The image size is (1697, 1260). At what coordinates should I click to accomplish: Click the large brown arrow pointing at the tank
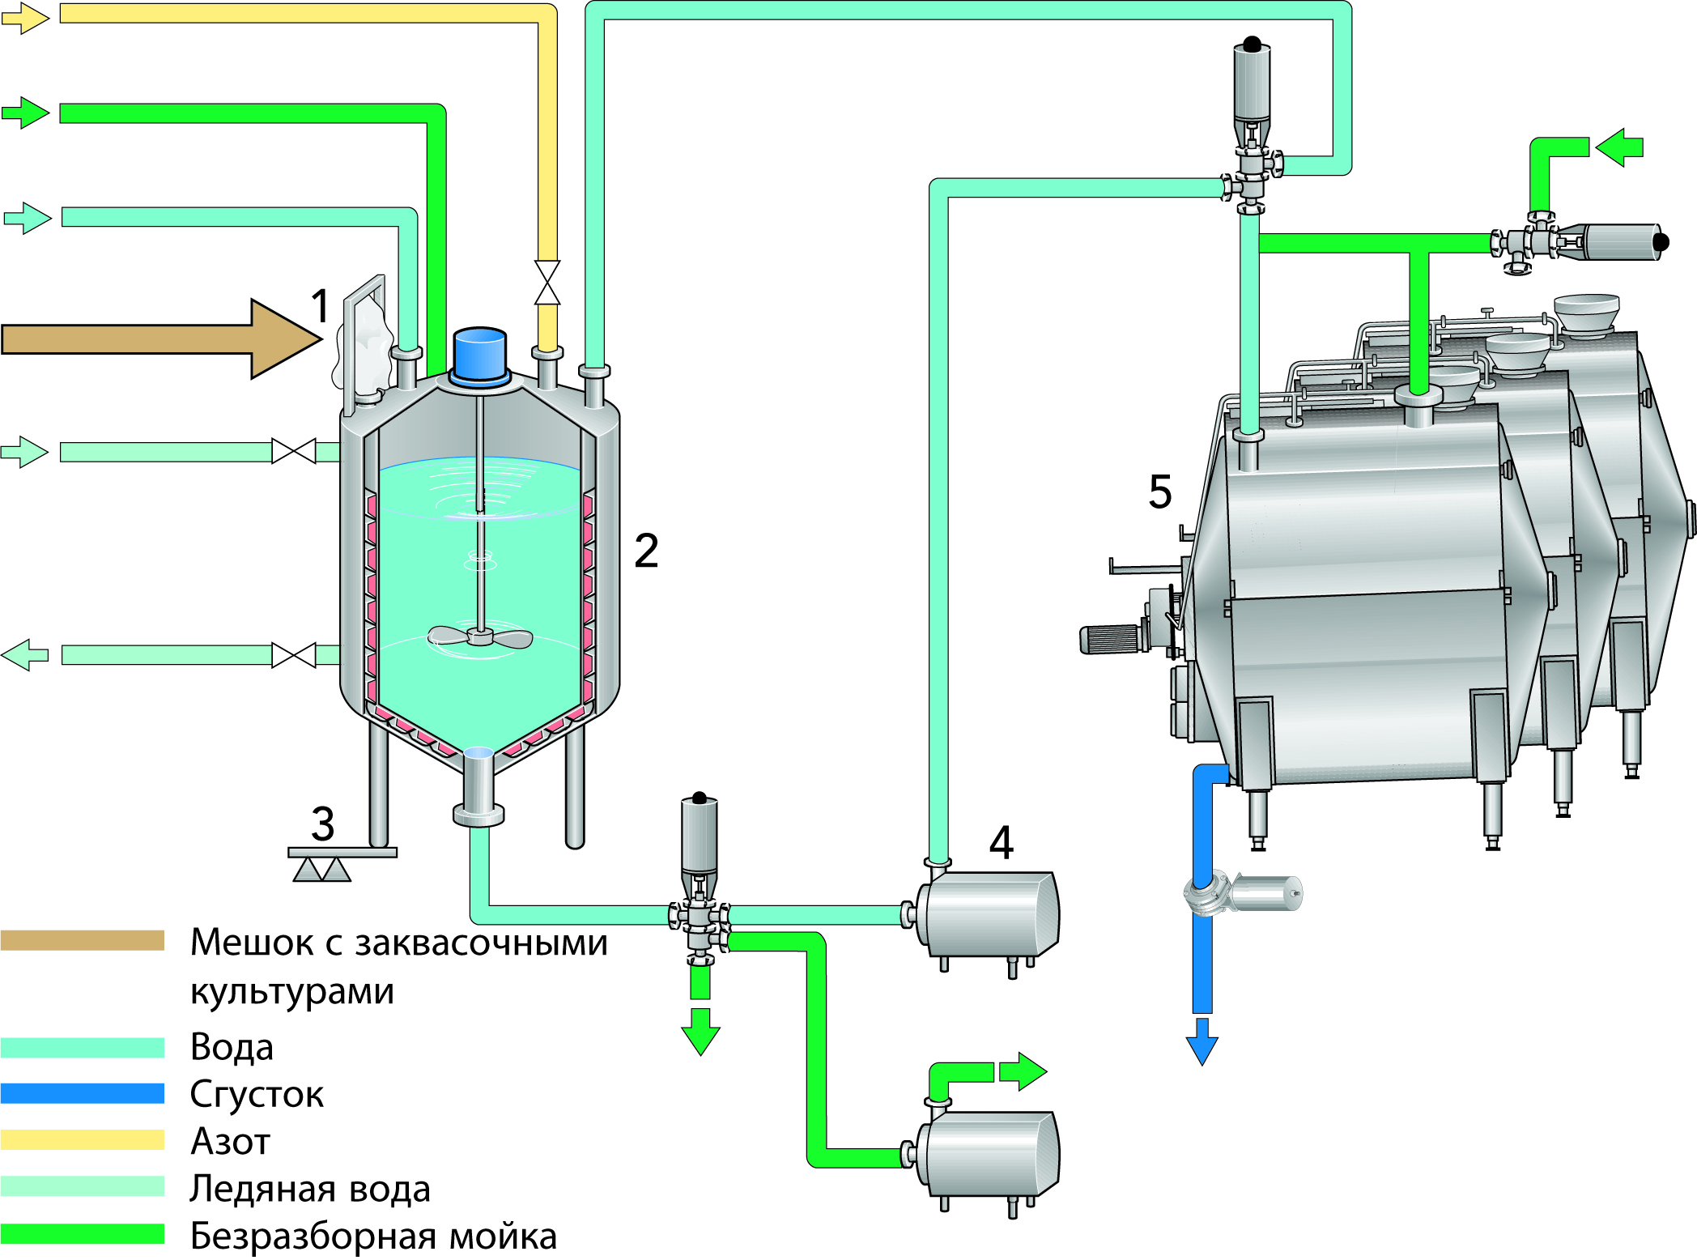click(162, 338)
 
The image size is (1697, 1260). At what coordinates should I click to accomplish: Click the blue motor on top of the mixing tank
click(480, 354)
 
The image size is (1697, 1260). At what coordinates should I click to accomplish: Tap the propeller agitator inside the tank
click(480, 637)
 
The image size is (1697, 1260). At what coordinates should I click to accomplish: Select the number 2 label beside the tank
click(646, 551)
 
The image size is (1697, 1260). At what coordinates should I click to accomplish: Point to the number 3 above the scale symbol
click(322, 824)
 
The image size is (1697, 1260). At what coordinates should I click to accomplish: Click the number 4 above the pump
click(1002, 843)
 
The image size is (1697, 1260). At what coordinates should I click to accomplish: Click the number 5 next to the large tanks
click(1159, 492)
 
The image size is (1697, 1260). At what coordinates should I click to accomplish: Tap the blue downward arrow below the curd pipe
click(1202, 1042)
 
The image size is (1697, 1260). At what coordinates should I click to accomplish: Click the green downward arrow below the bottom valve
click(700, 1032)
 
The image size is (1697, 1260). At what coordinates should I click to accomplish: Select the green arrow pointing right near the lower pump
click(1023, 1071)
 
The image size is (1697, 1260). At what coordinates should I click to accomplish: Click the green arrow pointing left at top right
click(1619, 147)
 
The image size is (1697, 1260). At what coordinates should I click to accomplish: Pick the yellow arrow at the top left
click(25, 18)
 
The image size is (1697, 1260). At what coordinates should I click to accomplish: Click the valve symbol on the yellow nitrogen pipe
click(547, 283)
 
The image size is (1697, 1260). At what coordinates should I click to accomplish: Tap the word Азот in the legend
click(230, 1141)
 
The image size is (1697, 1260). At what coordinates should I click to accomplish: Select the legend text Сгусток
click(257, 1094)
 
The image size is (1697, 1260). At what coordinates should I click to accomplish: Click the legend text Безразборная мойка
click(373, 1236)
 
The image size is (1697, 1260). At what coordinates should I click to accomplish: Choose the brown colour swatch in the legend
click(83, 940)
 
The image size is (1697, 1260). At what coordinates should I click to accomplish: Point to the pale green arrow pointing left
click(25, 654)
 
